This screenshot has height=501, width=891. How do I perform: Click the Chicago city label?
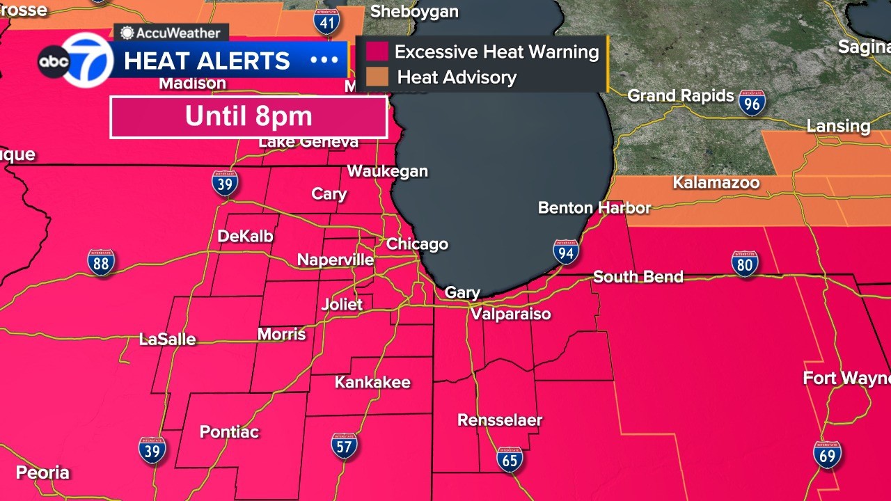tap(417, 244)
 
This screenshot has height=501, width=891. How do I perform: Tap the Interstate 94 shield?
tap(566, 252)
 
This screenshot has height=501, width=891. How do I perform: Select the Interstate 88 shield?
tap(101, 263)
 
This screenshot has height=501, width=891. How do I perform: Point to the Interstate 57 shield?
tap(344, 446)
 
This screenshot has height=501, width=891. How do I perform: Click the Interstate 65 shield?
tap(510, 459)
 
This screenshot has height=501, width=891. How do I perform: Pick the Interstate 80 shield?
tap(744, 264)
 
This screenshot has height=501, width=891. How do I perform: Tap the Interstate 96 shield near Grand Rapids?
tap(752, 103)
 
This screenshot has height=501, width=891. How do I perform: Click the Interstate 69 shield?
tap(827, 454)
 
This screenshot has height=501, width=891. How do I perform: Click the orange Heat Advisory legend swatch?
tap(377, 77)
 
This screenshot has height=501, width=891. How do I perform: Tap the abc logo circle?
tap(54, 62)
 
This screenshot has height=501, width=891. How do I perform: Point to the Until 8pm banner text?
tap(249, 117)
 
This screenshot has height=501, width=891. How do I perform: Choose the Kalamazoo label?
tap(716, 183)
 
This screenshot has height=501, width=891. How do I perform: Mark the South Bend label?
tap(638, 277)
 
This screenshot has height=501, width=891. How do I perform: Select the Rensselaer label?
tap(499, 420)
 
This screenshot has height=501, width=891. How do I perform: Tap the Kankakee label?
tap(372, 382)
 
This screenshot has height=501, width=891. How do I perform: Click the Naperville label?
tap(336, 260)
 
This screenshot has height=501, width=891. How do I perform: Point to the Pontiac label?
tap(229, 432)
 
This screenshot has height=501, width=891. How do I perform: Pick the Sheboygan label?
tap(414, 11)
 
